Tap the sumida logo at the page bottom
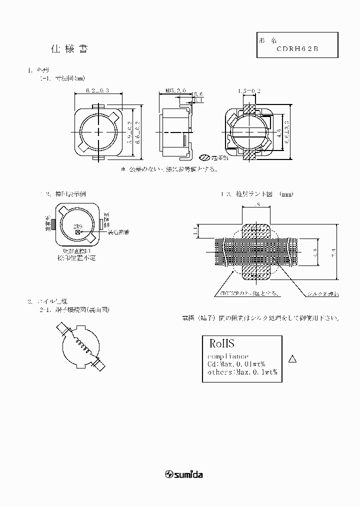184,474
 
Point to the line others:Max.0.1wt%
242,372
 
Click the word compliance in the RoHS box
227,356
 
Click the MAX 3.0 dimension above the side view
175,90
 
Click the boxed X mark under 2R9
77,232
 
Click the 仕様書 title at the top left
70,49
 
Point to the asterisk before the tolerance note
123,169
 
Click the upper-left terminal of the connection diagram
62,328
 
